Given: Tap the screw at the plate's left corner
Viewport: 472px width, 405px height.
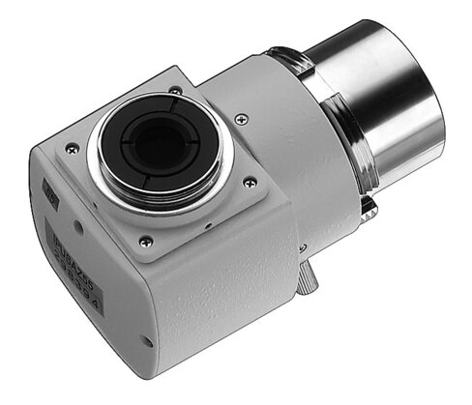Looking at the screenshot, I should click(72, 149).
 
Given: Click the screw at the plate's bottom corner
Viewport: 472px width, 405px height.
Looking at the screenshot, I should click(146, 241).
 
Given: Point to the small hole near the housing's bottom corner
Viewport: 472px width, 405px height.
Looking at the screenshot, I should click(147, 339).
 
